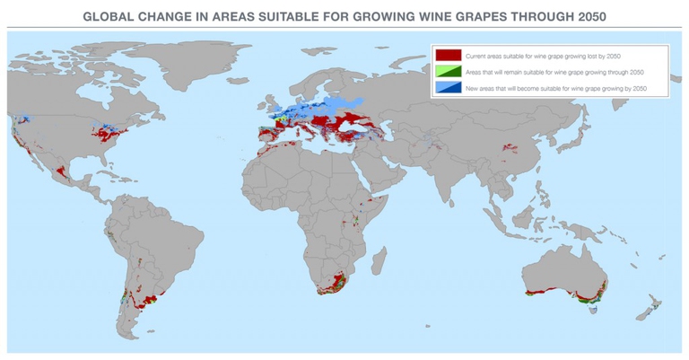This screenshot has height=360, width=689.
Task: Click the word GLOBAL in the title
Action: tap(109, 15)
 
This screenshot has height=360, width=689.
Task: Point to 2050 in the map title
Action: tap(585, 15)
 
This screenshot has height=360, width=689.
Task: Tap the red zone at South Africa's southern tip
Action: tap(334, 288)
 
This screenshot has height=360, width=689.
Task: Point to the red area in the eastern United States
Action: tap(111, 136)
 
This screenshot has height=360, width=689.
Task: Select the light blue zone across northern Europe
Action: tap(332, 108)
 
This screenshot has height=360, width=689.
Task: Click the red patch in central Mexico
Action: tap(62, 170)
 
